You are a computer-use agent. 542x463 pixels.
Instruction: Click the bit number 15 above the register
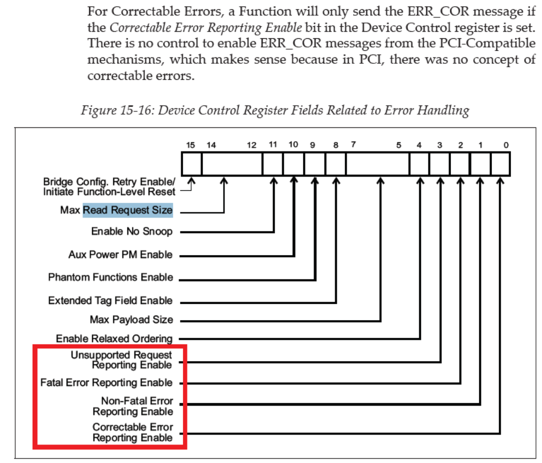[190, 145]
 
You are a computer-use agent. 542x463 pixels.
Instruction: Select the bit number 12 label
[251, 145]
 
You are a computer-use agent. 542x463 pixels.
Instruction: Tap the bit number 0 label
[506, 145]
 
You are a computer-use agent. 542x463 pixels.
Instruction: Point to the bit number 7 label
[354, 145]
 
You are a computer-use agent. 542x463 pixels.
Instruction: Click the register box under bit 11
[273, 164]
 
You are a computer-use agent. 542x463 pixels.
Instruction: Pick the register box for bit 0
[500, 164]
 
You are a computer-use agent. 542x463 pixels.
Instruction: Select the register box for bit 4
[420, 164]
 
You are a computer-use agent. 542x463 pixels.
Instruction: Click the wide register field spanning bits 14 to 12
[232, 164]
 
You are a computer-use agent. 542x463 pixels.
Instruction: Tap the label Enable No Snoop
[132, 232]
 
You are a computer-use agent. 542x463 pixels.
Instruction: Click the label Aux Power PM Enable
[120, 255]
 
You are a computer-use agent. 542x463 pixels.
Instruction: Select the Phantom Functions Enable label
[110, 278]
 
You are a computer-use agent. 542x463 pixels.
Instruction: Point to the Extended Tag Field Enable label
[110, 301]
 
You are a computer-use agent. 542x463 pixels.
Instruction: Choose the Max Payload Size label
[131, 320]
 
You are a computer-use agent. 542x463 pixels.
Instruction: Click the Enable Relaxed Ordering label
[114, 339]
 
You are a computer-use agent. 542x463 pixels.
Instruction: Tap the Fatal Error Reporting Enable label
[107, 383]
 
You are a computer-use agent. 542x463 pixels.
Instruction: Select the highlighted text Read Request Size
[128, 210]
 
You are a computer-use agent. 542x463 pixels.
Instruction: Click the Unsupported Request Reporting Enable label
[121, 360]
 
